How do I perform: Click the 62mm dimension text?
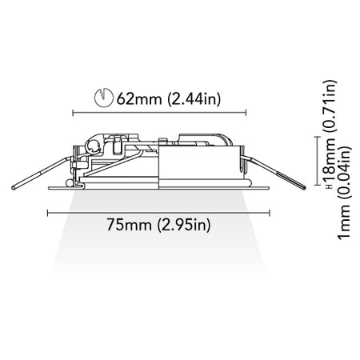click(139, 99)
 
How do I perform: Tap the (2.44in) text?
click(194, 99)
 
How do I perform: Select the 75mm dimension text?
click(130, 225)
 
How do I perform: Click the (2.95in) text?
click(184, 225)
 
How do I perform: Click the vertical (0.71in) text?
click(330, 106)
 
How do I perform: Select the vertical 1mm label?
click(344, 222)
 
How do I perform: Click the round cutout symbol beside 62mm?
click(104, 98)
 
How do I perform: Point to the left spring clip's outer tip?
click(13, 187)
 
